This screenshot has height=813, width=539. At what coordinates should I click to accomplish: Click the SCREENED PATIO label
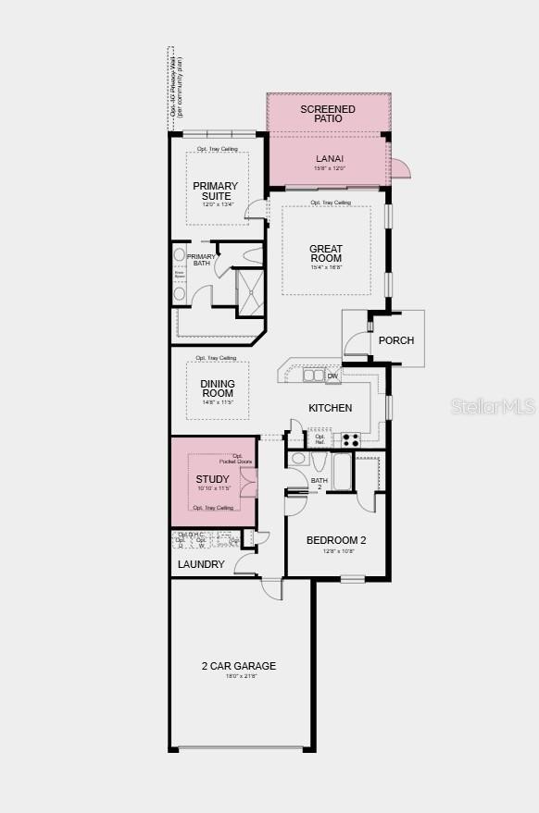coord(328,114)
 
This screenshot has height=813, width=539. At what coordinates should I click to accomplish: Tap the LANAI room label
coord(330,158)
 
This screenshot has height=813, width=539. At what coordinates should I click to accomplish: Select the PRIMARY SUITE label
coord(215,191)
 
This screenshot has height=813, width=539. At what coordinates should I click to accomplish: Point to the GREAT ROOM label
coord(326,253)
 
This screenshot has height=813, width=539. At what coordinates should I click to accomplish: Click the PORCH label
coord(396,340)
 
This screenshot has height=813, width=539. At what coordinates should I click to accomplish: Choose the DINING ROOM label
coord(218,388)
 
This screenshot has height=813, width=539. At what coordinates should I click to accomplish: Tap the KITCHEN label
coord(330,408)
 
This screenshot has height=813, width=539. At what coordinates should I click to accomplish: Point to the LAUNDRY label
coord(200,564)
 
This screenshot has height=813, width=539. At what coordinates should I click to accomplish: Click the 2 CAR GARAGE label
coord(239,666)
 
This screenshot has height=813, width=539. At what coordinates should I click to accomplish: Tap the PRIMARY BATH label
coord(201,260)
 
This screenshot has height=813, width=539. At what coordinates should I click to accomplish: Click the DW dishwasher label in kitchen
coord(332,376)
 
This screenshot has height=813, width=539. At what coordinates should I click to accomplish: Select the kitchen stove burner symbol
coord(351,439)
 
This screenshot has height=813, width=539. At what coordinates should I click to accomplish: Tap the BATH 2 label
coord(320,483)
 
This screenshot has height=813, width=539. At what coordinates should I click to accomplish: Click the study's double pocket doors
coord(248,483)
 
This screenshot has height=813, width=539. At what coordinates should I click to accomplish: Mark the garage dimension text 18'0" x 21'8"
coord(239,677)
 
